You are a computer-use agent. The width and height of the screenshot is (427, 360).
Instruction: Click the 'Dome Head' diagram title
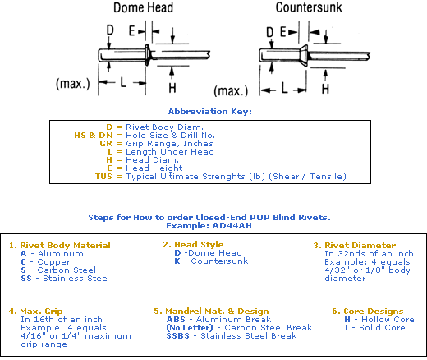143,7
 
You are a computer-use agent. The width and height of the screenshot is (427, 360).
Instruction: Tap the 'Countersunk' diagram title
309,7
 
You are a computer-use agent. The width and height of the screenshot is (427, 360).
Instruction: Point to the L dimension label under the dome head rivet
123,82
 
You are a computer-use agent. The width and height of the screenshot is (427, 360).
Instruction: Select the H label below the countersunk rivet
325,89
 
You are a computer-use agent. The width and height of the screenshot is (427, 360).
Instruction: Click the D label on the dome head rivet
110,30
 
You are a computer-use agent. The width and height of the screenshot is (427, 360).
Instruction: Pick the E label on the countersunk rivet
283,32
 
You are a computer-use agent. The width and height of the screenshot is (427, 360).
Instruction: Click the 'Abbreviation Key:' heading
210,112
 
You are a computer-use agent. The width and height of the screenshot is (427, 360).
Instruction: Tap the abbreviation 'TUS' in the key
103,176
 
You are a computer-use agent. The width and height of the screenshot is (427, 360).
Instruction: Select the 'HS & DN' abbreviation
93,135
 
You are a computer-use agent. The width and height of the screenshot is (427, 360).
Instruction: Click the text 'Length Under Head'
170,151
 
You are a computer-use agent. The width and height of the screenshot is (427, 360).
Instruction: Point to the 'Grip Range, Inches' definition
169,144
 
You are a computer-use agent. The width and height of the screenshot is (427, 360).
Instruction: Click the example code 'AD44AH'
232,226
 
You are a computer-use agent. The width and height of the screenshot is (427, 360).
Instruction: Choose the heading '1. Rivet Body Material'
60,245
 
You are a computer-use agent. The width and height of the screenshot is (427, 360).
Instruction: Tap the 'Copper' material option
53,262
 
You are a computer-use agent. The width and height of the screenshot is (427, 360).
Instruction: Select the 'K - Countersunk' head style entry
211,261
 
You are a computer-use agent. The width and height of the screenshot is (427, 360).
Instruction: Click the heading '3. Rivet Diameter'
355,245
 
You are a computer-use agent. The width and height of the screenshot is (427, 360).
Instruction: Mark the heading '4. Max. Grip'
35,312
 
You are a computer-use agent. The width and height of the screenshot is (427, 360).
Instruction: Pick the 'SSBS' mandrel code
177,336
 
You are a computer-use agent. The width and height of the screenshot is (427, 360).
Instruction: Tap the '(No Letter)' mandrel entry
190,328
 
